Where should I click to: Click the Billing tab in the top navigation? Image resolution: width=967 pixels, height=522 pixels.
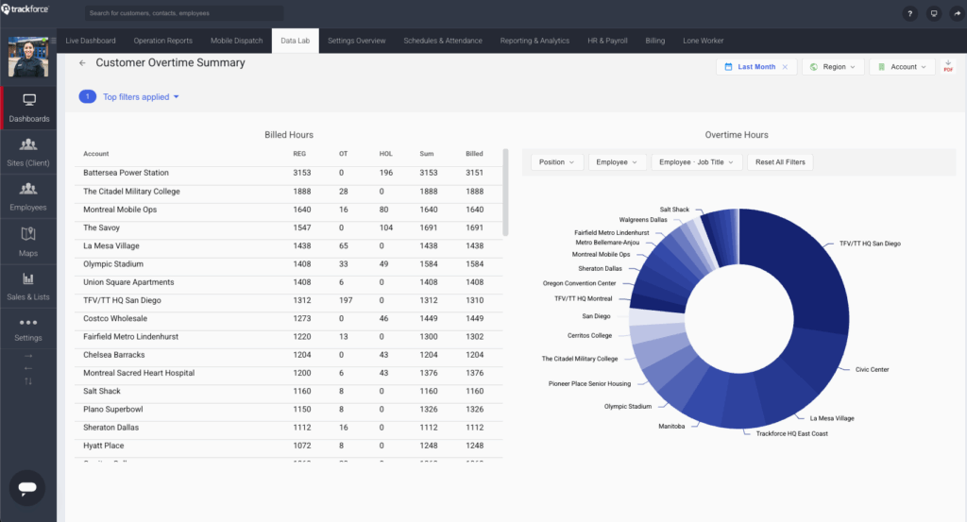click(654, 41)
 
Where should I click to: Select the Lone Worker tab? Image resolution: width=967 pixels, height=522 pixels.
click(704, 41)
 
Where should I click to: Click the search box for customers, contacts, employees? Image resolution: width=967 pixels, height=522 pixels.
click(184, 14)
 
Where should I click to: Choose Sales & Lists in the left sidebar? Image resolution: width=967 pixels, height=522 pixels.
click(28, 285)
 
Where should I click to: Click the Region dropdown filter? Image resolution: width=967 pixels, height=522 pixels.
click(833, 67)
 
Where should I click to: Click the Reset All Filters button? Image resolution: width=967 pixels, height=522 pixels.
click(780, 162)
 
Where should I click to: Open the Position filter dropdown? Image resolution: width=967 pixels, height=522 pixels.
click(557, 162)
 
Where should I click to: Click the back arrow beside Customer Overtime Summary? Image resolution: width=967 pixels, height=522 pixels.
click(82, 63)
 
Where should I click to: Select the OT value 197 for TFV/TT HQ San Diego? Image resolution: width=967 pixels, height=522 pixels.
click(345, 300)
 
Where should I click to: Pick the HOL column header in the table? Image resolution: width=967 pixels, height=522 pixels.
click(385, 154)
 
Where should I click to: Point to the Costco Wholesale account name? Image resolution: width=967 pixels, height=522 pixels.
click(114, 318)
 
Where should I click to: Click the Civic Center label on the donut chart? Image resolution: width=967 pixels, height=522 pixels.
click(872, 369)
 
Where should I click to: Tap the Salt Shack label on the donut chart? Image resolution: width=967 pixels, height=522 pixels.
click(674, 209)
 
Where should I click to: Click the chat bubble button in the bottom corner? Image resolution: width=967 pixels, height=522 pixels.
click(27, 487)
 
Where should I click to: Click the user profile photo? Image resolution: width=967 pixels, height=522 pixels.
click(28, 57)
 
